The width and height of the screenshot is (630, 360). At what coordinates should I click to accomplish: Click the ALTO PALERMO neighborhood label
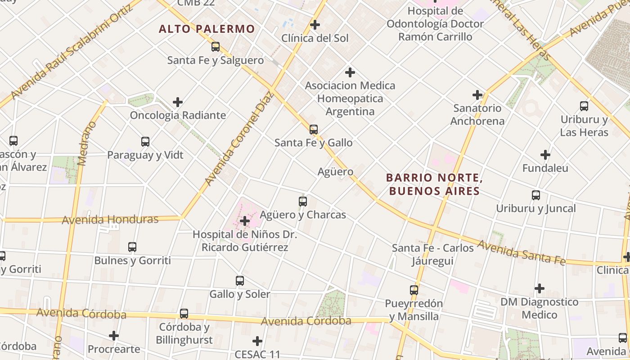(207, 29)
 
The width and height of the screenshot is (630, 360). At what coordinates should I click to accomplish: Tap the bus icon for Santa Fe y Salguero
(216, 46)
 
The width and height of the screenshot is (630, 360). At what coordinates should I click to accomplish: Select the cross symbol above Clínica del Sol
(315, 25)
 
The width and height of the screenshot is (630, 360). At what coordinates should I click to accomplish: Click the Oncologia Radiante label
(178, 115)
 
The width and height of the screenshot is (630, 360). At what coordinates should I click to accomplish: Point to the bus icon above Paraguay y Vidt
(145, 142)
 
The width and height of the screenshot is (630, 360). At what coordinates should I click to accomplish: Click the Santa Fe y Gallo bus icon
(314, 130)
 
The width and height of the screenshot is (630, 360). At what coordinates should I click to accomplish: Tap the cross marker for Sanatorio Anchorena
(477, 95)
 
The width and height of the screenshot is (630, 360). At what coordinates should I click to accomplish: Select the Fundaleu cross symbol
(545, 155)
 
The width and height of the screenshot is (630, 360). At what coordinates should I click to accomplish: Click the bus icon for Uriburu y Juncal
(536, 195)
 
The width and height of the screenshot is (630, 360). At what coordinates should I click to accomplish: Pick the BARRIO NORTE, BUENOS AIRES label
(434, 184)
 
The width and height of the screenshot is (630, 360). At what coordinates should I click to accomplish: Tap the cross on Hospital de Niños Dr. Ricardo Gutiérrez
(245, 221)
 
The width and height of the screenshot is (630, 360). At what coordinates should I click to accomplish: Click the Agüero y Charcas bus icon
(303, 201)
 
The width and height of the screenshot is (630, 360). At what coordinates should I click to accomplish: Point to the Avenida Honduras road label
(110, 220)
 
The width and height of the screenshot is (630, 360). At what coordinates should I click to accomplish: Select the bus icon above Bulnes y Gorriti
(132, 247)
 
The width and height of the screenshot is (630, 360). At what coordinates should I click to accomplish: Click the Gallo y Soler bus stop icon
(240, 281)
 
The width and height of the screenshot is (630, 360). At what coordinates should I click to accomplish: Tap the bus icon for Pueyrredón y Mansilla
(414, 290)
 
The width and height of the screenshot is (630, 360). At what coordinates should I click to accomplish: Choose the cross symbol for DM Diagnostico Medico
(540, 288)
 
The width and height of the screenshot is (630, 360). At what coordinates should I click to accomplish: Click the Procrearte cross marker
(114, 336)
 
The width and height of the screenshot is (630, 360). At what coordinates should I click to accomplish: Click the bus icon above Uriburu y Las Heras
(584, 106)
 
